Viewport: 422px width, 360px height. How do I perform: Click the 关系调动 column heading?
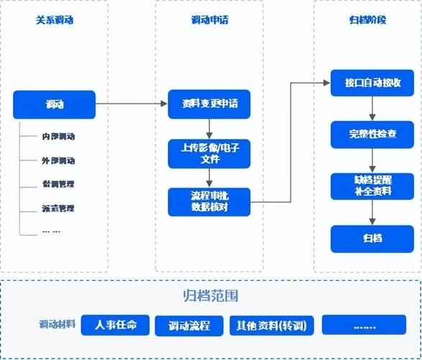[55, 20]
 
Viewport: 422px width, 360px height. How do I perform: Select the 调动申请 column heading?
[209, 20]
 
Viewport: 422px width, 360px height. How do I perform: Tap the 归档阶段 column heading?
[367, 20]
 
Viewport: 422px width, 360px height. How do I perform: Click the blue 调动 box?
[54, 104]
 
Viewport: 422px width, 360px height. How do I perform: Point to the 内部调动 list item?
[58, 137]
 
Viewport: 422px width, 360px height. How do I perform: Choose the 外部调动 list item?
[58, 161]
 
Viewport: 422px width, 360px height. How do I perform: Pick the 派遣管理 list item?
[58, 208]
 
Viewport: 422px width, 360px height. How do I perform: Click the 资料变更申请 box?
[210, 104]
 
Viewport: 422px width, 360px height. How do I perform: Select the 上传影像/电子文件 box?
[210, 153]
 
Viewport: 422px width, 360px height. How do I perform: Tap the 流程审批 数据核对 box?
[210, 202]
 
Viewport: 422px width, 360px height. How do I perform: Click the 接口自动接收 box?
[372, 84]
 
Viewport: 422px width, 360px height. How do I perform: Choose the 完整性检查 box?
[372, 135]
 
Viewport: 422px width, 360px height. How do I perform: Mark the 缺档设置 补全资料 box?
[372, 186]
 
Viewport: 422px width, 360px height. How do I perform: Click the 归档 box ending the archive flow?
[372, 238]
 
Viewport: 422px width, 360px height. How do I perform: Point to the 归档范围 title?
[210, 296]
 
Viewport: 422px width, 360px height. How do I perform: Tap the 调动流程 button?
[189, 325]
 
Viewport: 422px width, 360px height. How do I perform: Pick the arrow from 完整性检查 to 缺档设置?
[372, 160]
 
